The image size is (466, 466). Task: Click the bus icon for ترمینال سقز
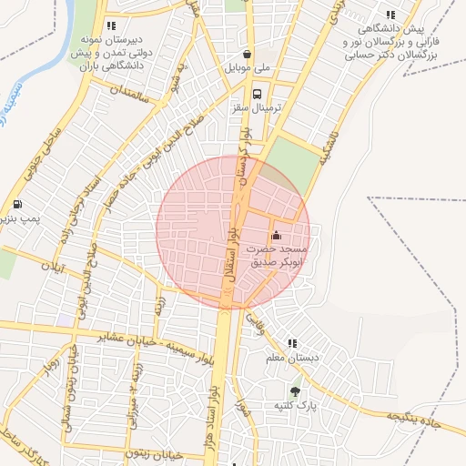(x=258, y=94)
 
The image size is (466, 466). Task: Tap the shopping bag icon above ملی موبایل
(x=248, y=54)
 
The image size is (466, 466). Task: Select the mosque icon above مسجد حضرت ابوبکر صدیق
(x=276, y=236)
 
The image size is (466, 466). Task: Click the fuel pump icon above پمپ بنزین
(x=18, y=204)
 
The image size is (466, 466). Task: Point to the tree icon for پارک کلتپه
(x=294, y=392)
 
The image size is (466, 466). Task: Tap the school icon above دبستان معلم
(x=292, y=343)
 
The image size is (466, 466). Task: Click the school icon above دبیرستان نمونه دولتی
(x=111, y=26)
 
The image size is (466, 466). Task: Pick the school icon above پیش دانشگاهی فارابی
(x=390, y=15)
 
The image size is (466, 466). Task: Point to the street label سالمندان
(x=127, y=89)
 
